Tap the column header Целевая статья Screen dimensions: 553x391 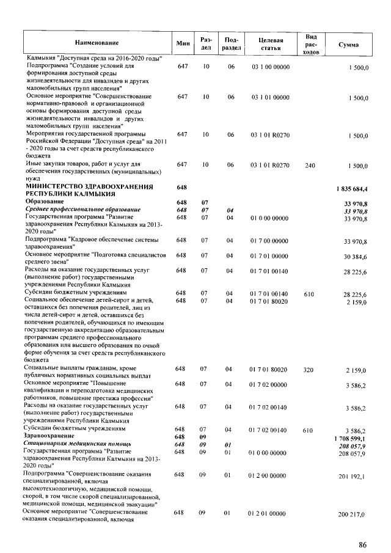[270, 43]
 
